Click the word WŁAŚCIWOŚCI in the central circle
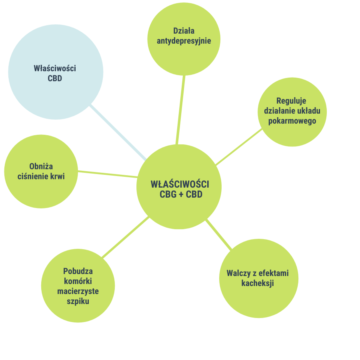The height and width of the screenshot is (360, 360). click(180, 184)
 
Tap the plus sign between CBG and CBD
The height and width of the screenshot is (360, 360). click(181, 194)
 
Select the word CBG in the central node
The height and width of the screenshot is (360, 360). click(168, 194)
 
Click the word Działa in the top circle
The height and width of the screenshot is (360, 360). click(184, 31)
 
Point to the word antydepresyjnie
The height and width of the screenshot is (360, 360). click(184, 41)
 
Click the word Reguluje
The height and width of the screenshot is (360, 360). click(291, 101)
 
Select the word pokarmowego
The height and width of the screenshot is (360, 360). click(292, 121)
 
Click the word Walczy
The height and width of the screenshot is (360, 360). click(238, 274)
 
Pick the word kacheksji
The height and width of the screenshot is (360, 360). click(258, 283)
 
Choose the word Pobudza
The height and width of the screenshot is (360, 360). click(78, 271)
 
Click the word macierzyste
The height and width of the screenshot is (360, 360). click(78, 291)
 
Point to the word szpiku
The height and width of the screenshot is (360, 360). click(78, 302)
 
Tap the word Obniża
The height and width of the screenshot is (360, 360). click(41, 166)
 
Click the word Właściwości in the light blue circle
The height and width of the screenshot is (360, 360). click(55, 68)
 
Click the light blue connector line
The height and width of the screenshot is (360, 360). click(118, 132)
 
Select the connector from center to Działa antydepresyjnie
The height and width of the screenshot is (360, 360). click(180, 110)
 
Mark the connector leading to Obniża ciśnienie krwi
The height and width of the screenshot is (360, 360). click(108, 174)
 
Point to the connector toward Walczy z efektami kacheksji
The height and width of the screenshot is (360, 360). click(219, 234)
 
